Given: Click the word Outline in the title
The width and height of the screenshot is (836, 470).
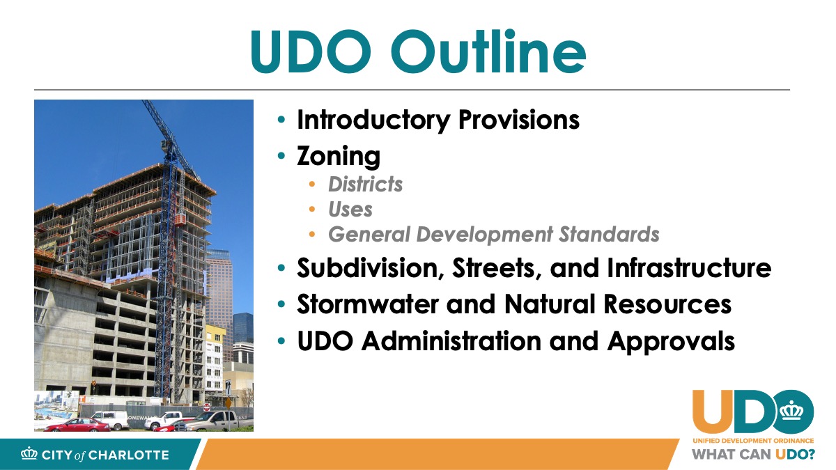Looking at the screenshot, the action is click(488, 52).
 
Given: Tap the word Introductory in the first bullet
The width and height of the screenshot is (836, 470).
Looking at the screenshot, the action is click(373, 120).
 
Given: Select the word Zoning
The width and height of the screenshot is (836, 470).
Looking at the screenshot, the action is click(339, 156).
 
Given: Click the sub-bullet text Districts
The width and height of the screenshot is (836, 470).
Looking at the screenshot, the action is click(365, 185).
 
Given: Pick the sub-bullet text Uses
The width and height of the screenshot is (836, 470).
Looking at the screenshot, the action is click(350, 210).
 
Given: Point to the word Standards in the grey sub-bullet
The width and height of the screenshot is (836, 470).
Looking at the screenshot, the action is click(609, 234).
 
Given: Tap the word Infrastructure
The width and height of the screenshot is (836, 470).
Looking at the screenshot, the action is click(689, 268).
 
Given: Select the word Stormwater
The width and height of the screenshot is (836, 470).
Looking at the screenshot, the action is click(368, 304).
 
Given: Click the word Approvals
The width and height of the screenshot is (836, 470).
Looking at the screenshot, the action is click(671, 342).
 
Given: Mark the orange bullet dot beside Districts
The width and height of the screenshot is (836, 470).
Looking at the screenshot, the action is click(312, 185).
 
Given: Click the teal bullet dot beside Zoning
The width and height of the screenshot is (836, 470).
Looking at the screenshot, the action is click(281, 155).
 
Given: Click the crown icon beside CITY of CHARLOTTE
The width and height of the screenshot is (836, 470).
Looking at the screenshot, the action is click(29, 453).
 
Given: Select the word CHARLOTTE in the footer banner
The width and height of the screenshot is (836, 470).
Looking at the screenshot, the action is click(129, 455).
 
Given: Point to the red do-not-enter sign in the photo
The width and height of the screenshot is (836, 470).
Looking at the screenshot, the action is click(206, 407).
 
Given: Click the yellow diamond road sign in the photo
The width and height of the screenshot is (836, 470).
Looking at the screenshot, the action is click(228, 403).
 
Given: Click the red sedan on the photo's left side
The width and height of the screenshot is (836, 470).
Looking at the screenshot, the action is click(77, 425).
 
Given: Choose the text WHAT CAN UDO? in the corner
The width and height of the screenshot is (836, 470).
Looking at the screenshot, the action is click(754, 454).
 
